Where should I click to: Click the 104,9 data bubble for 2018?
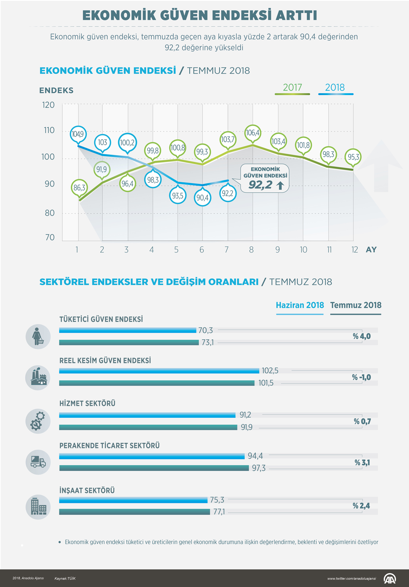(78, 134)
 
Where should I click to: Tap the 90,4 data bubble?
(202, 198)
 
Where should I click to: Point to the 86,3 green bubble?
(79, 188)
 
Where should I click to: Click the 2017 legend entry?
(293, 88)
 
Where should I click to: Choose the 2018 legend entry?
(335, 88)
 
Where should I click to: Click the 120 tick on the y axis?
(48, 105)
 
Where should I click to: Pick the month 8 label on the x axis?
(251, 250)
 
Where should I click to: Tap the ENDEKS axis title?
(56, 91)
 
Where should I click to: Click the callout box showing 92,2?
(265, 178)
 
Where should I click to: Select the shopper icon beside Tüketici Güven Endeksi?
(38, 337)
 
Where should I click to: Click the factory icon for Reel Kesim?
(38, 378)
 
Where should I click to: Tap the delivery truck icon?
(38, 462)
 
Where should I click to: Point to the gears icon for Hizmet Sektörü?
(38, 421)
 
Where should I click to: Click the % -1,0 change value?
(361, 378)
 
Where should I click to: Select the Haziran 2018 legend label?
(300, 306)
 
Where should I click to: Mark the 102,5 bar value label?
(270, 371)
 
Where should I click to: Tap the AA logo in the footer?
(390, 578)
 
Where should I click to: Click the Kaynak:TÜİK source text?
(65, 579)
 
